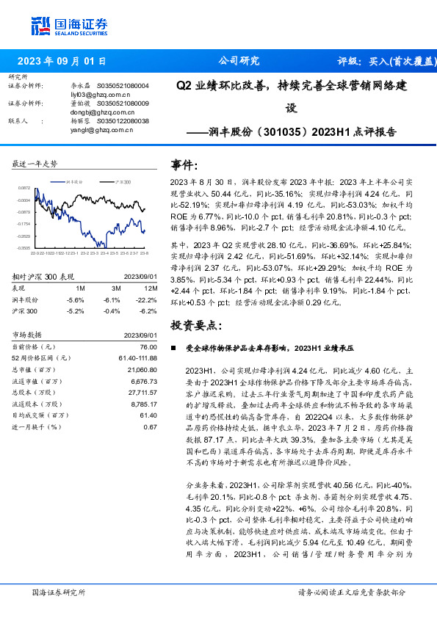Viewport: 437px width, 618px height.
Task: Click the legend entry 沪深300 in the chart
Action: click(x=124, y=180)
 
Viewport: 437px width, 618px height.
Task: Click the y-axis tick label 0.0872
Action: click(x=24, y=188)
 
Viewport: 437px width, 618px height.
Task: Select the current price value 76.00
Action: click(x=148, y=346)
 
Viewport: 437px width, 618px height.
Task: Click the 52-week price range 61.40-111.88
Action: click(x=138, y=357)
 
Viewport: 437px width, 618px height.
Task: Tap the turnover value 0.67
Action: click(x=151, y=426)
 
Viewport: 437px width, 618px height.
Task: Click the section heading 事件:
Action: click(x=184, y=165)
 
